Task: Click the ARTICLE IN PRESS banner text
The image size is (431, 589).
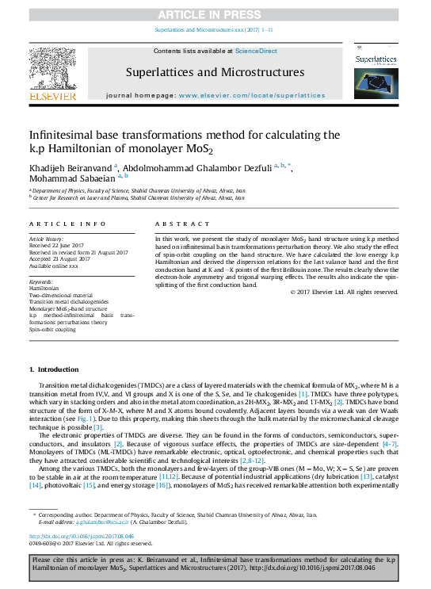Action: click(215, 14)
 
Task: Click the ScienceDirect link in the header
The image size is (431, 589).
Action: click(255, 50)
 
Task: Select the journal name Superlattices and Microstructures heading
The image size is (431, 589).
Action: click(215, 72)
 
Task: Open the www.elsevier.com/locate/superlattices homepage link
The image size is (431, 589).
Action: click(252, 95)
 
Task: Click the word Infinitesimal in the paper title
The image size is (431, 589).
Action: click(63, 135)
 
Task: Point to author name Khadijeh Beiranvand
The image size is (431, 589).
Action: click(71, 166)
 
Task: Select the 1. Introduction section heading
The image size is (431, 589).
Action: click(54, 370)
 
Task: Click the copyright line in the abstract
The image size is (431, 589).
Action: click(344, 292)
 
